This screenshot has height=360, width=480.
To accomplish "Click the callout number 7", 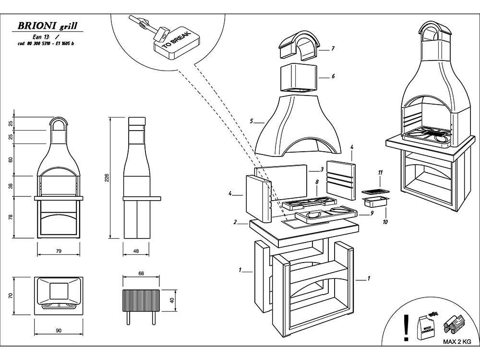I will [x=333, y=48].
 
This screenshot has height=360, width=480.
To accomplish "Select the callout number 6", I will [x=333, y=76].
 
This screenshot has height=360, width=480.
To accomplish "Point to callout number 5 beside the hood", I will [x=252, y=121].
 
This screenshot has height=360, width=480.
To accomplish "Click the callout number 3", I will [x=322, y=169].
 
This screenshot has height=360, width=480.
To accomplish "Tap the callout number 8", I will [x=317, y=182].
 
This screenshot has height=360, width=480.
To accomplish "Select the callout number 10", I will [x=385, y=222].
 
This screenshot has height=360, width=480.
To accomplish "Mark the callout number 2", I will [x=235, y=222].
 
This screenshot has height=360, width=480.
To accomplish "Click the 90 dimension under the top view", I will [x=59, y=330].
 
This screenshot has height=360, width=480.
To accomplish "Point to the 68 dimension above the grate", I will [x=141, y=274].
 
